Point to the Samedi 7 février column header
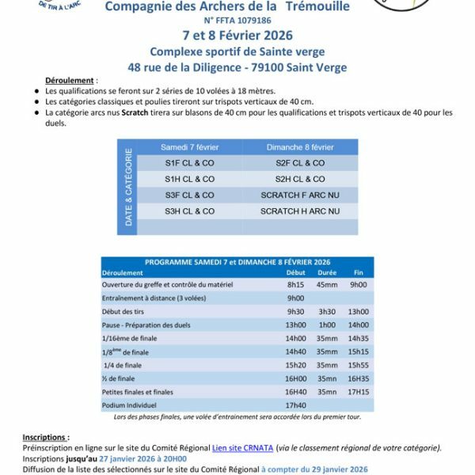coord(189,147)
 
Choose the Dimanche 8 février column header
coord(300,147)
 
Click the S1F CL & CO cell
coord(189,163)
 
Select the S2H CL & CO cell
coord(300,179)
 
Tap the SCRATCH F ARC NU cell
coord(300,195)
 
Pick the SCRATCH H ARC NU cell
coord(300,211)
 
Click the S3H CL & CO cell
coord(189,211)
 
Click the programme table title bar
coord(237,262)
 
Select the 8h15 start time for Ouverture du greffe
coord(295,284)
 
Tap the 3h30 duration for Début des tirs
coord(326,311)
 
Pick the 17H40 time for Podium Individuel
coord(295,405)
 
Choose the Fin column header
coord(358,272)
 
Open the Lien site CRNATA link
coord(243,448)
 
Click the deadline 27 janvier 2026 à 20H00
coord(144,458)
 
